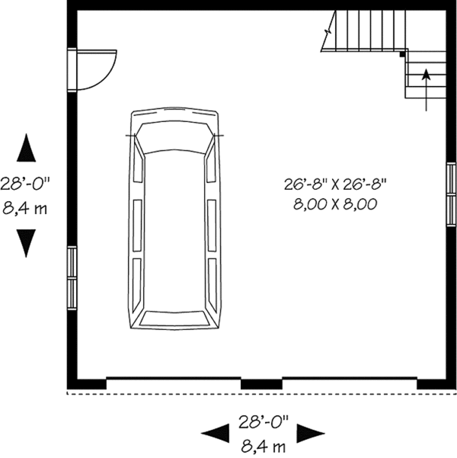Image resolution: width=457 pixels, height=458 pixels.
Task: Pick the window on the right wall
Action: click(450, 184)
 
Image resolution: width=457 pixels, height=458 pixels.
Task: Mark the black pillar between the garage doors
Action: click(261, 383)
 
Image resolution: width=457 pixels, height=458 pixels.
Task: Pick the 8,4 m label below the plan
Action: click(264, 444)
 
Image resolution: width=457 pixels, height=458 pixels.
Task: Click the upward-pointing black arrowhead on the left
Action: click(27, 147)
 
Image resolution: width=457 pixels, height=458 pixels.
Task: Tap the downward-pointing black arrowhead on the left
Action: click(27, 243)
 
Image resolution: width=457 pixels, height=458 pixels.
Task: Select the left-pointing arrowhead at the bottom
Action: click(215, 434)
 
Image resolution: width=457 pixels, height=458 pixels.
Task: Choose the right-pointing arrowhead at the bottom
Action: click(312, 434)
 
